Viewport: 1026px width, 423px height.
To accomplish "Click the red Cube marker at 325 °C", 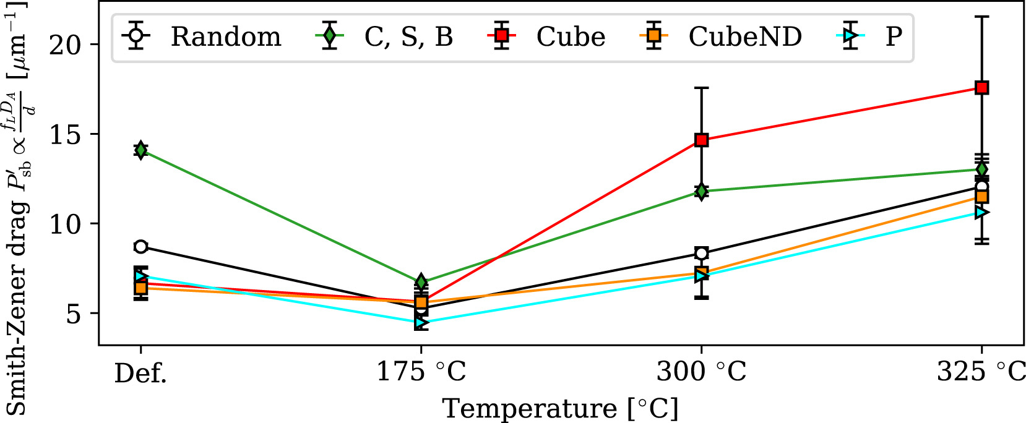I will point(981,88).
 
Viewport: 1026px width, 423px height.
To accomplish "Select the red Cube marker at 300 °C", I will point(701,140).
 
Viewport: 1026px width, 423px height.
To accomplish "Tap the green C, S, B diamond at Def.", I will point(141,150).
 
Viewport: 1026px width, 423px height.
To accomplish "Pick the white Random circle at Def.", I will point(141,247).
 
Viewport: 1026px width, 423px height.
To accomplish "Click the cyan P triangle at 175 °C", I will point(421,322).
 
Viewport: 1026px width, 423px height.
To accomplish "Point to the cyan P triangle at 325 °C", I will point(981,212).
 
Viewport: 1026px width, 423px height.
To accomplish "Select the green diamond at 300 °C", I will point(701,191).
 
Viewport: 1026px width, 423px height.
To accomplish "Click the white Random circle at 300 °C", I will point(701,253).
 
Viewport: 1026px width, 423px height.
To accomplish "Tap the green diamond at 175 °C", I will point(421,282).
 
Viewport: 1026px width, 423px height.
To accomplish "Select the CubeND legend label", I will point(744,37).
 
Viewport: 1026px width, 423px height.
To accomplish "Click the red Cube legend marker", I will point(502,37).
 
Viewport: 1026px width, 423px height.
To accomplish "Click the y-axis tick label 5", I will point(74,314).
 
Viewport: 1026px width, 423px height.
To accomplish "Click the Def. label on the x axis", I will point(140,372).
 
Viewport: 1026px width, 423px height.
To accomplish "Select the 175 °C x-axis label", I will point(421,372).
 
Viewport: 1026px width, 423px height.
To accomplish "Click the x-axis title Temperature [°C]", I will point(560,408).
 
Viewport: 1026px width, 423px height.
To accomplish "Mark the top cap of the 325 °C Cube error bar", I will point(981,17).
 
